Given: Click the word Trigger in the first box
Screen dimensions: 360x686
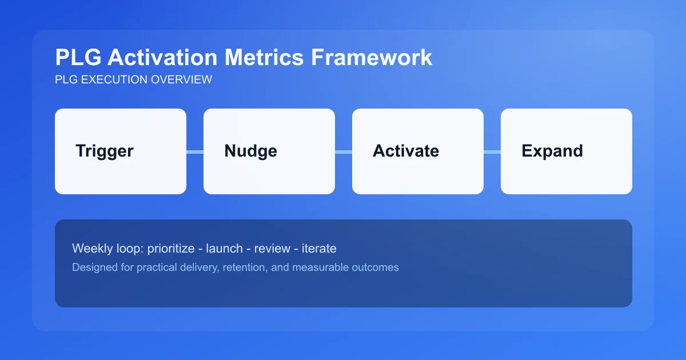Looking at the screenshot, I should pyautogui.click(x=105, y=151).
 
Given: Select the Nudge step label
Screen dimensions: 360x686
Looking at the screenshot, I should pyautogui.click(x=250, y=151).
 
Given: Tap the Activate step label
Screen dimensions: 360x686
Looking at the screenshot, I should pyautogui.click(x=406, y=151).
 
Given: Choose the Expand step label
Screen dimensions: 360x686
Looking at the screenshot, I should pyautogui.click(x=552, y=151).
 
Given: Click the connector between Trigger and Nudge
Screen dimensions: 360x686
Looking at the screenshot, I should pyautogui.click(x=195, y=151).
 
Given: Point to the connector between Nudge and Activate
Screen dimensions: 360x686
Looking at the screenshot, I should pyautogui.click(x=344, y=151).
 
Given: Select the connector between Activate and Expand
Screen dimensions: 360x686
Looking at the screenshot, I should pyautogui.click(x=492, y=151).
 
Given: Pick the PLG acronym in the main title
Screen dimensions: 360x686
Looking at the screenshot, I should pyautogui.click(x=78, y=58).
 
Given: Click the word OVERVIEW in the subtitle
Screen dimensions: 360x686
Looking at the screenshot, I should pyautogui.click(x=181, y=79).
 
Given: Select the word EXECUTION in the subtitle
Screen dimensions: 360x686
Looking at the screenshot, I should pyautogui.click(x=115, y=79).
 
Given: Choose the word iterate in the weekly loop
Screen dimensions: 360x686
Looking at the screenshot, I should pyautogui.click(x=320, y=249).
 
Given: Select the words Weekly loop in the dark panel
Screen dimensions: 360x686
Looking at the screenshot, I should pyautogui.click(x=107, y=249).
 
